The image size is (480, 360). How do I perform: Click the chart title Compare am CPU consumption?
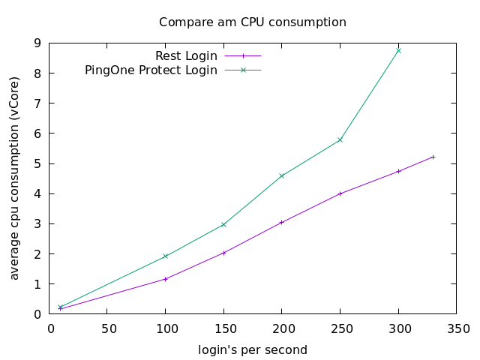click(x=252, y=22)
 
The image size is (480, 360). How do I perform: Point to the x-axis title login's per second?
click(x=252, y=350)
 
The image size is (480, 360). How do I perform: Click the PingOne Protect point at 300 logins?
click(x=398, y=50)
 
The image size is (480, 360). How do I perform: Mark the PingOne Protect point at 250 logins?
click(x=340, y=139)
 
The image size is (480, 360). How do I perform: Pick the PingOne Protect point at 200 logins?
click(x=282, y=175)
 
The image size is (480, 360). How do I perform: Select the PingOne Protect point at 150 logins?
click(x=223, y=224)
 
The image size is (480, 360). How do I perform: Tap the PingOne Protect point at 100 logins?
click(x=166, y=256)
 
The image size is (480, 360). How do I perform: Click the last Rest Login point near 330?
click(x=433, y=157)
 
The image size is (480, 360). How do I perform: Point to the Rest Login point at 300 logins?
click(x=398, y=171)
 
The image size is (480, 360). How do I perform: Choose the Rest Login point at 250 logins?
click(x=340, y=193)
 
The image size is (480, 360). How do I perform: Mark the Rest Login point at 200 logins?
click(x=282, y=222)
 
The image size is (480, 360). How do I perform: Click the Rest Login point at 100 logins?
click(x=166, y=279)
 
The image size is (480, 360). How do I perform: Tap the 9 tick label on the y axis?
click(x=37, y=43)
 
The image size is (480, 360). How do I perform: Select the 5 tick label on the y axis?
click(x=37, y=163)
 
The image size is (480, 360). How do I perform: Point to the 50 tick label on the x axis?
click(x=108, y=328)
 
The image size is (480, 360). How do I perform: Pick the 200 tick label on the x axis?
click(x=282, y=328)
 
